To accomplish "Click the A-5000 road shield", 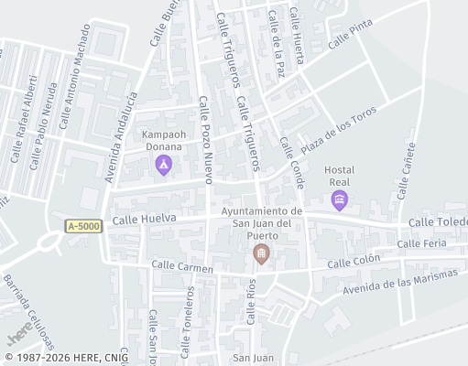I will click(84, 225).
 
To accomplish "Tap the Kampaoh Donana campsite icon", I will click(163, 165).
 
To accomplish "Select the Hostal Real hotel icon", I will click(340, 199).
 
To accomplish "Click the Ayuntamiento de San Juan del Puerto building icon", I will click(262, 253).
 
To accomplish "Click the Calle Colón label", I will click(353, 263).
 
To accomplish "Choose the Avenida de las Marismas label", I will click(399, 284).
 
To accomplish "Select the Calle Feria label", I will click(422, 243).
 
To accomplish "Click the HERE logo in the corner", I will click(20, 338).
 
